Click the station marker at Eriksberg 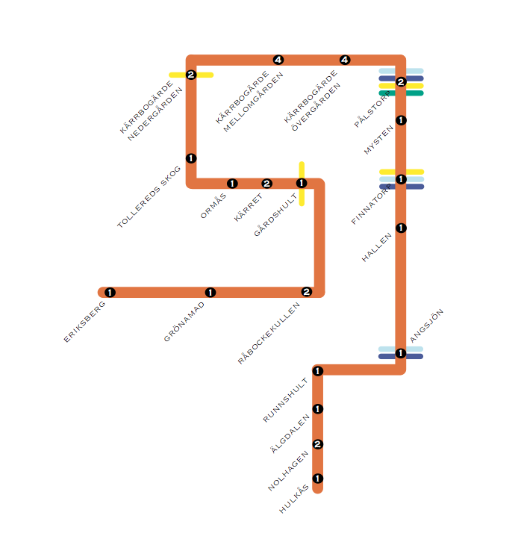click(110, 293)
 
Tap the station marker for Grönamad click(210, 293)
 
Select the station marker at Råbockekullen click(306, 292)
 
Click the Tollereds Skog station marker click(191, 158)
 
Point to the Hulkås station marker click(318, 479)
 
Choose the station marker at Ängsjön click(401, 353)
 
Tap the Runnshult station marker click(318, 371)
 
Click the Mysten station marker click(401, 120)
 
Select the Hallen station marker click(401, 228)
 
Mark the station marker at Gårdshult click(302, 183)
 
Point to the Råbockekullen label click(269, 333)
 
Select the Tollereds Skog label click(149, 197)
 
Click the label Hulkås click(293, 499)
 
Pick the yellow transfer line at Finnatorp click(414, 172)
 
